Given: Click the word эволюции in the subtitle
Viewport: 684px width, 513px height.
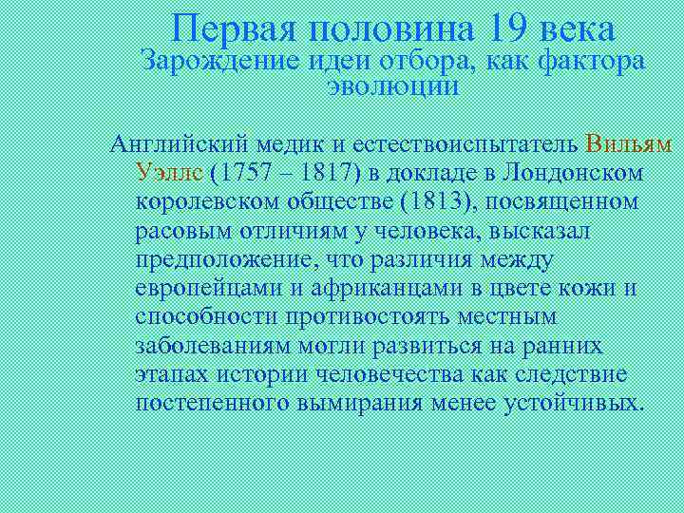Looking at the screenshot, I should pyautogui.click(x=392, y=87).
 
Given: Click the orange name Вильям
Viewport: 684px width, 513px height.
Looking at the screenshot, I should pyautogui.click(x=629, y=144).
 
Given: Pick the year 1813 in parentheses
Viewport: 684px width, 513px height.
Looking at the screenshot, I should pyautogui.click(x=434, y=201).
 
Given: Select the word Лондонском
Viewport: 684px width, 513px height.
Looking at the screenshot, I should pyautogui.click(x=574, y=173).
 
